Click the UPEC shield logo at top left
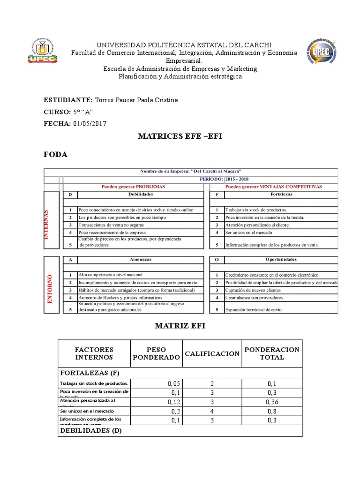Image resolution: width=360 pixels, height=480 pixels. pos(43,50)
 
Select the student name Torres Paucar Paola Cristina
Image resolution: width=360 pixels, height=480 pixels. pos(136,100)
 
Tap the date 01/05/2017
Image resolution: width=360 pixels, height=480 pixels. pos(90,124)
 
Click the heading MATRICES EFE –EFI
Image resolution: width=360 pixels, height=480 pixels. pos(180,136)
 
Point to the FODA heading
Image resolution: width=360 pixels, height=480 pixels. pos(55,155)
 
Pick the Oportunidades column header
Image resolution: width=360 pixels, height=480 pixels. pos(281,259)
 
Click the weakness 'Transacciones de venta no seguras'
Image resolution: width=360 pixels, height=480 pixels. pos(112,225)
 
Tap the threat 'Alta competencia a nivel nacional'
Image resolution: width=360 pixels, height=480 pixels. pos(111,275)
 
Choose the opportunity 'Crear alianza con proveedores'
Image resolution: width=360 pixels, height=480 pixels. pos(254,298)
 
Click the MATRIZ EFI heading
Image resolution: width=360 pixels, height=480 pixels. pos(180,326)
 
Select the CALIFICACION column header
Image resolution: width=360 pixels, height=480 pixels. pos(212,353)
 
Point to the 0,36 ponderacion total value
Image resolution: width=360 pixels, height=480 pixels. pos(272,402)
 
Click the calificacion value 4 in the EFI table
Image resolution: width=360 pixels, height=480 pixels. pos(212,411)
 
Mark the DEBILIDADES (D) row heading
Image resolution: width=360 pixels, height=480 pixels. pos(91,431)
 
